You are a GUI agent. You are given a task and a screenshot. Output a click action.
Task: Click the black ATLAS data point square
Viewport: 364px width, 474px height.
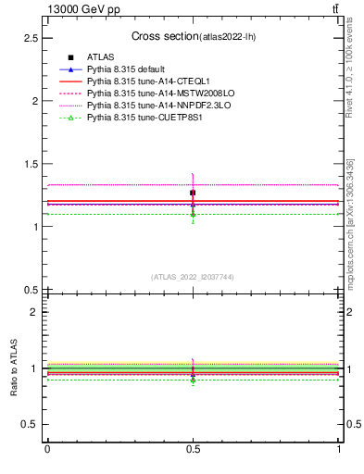click(x=193, y=193)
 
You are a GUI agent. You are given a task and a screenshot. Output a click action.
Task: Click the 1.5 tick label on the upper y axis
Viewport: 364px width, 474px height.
click(x=30, y=164)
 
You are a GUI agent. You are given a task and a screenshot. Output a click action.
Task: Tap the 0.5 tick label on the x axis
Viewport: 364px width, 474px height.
click(x=193, y=449)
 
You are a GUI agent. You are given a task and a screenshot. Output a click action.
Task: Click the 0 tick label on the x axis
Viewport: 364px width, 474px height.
click(x=47, y=449)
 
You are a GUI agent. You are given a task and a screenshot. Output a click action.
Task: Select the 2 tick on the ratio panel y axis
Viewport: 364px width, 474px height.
click(x=33, y=312)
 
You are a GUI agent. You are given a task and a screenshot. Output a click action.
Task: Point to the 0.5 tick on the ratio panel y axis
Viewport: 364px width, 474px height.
click(x=30, y=424)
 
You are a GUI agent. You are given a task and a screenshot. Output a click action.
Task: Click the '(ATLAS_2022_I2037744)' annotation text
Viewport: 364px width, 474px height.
click(x=193, y=277)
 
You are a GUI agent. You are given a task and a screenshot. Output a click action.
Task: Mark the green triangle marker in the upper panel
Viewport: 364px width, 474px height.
click(x=193, y=214)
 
